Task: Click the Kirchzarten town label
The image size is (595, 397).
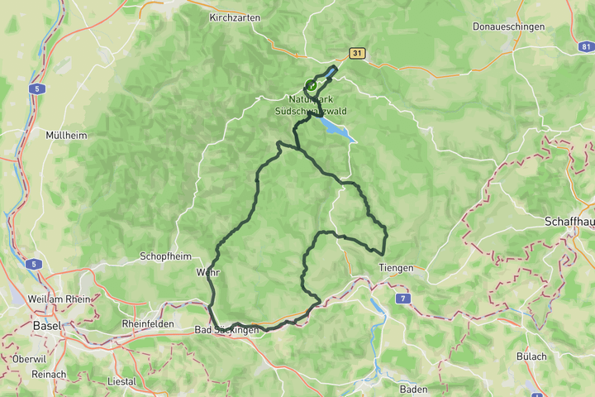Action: tap(235, 17)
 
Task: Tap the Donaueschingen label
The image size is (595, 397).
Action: tap(508, 26)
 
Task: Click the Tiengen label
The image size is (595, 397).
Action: tap(395, 268)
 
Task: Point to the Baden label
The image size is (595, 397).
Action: tap(413, 389)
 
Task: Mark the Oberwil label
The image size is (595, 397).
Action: tap(29, 359)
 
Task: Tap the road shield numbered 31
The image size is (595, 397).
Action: tap(356, 54)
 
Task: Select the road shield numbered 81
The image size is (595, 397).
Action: tap(586, 50)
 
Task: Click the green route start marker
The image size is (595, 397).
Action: tap(312, 84)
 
